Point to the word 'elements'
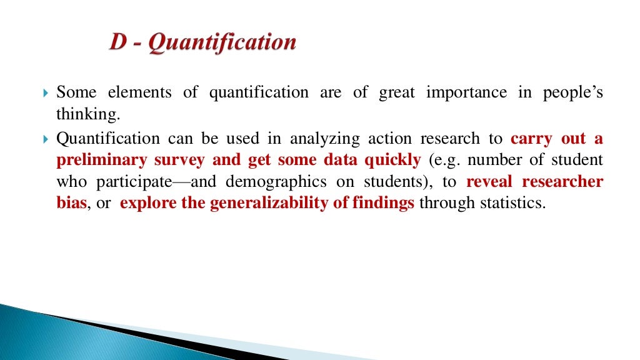click(139, 93)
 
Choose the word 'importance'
click(466, 93)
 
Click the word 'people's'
click(572, 93)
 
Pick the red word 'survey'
click(181, 160)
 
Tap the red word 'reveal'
click(489, 182)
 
